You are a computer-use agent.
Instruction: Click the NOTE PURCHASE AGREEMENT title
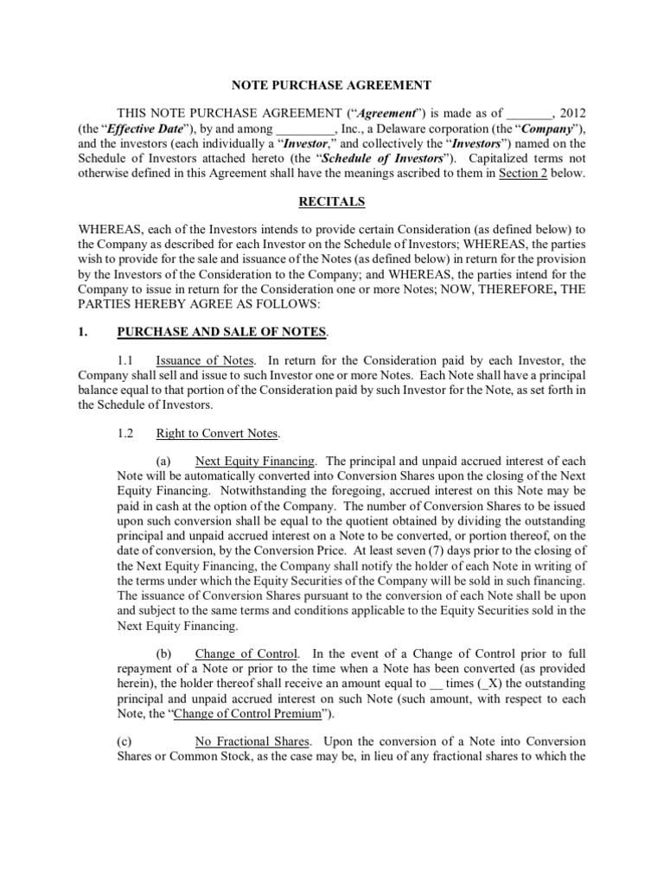point(332,85)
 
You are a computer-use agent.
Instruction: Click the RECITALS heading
point(331,202)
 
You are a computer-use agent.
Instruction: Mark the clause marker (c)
point(124,742)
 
